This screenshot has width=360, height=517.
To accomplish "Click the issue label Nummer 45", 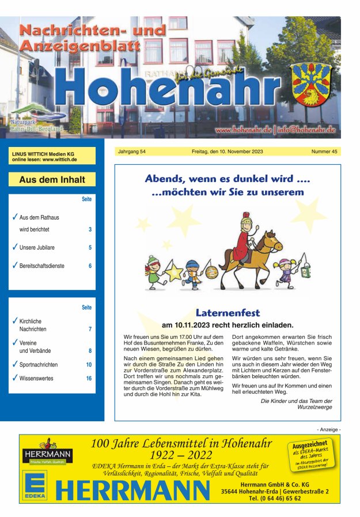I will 324,152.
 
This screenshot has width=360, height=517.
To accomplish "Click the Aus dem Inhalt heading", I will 52,180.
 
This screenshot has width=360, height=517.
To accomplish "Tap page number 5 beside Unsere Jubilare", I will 90,248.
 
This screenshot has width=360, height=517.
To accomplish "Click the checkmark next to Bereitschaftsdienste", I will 14,266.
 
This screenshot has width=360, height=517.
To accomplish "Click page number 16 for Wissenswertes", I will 89,379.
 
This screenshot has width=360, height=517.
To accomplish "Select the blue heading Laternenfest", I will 228,313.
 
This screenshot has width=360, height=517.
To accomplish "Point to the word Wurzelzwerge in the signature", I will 313,407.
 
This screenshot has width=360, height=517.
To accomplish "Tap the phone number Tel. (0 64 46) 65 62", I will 275,499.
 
